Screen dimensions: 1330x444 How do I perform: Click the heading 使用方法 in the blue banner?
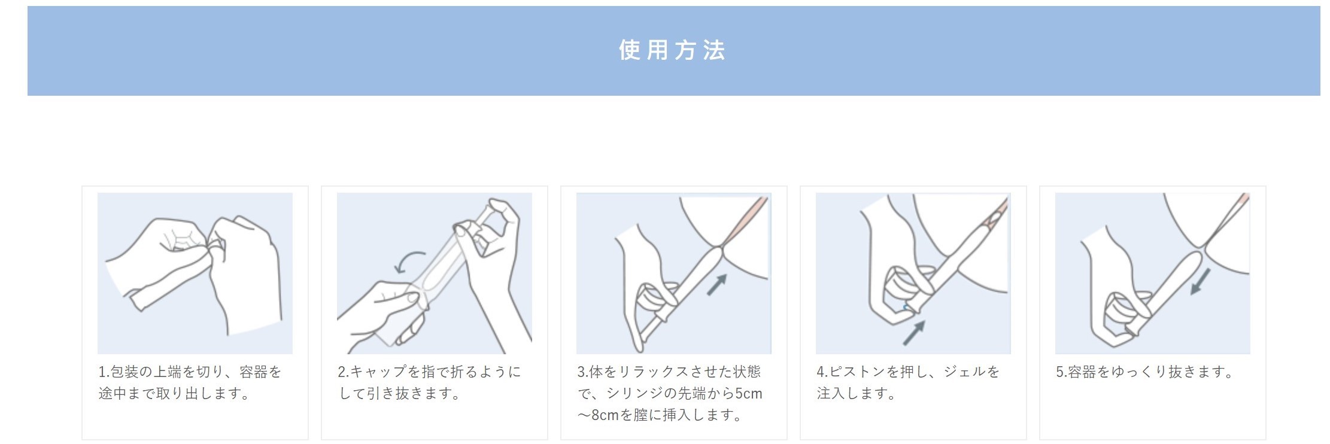pyautogui.click(x=672, y=50)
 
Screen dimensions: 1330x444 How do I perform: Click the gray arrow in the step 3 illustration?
pyautogui.click(x=717, y=284)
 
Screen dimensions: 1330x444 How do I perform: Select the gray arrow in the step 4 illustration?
pyautogui.click(x=914, y=333)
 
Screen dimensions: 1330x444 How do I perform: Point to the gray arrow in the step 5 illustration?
pyautogui.click(x=1200, y=281)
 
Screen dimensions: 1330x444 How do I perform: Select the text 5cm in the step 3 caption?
pyautogui.click(x=749, y=394)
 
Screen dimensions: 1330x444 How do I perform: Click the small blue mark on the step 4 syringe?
pyautogui.click(x=905, y=307)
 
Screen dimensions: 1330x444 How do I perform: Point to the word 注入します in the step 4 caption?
pyautogui.click(x=850, y=394)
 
